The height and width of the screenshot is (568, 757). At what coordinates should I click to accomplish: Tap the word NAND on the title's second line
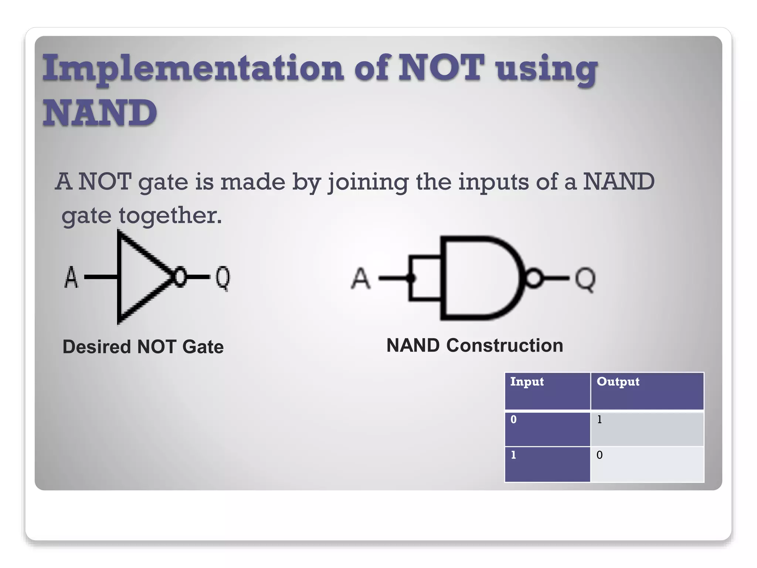pos(100,112)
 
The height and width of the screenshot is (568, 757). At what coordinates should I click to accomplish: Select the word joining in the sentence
pos(368,182)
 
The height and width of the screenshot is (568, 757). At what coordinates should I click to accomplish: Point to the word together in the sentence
pos(170,215)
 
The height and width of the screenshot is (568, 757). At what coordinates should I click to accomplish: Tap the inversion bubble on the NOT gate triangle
pos(180,277)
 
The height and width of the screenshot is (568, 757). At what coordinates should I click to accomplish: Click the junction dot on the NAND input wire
pos(411,278)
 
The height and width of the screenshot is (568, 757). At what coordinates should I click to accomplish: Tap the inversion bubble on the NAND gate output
pos(533,278)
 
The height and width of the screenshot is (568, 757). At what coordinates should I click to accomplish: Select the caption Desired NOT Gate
pos(143,347)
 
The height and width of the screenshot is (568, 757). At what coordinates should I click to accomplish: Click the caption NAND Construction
pos(475,345)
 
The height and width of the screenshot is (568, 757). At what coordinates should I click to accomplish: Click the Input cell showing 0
pos(547,429)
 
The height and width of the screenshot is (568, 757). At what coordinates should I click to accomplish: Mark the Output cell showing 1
pos(647,429)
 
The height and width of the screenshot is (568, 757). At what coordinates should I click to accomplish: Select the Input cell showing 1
pos(547,464)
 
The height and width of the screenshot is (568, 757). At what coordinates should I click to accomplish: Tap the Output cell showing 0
pos(647,464)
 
